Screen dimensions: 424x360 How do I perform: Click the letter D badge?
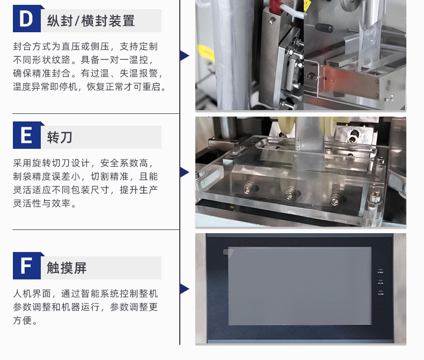(x=27, y=18)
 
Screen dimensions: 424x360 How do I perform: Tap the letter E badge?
(x=27, y=135)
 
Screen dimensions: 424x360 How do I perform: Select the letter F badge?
(x=27, y=265)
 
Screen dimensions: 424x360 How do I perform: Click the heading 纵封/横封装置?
(x=91, y=21)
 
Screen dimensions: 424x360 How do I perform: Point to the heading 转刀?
(x=60, y=137)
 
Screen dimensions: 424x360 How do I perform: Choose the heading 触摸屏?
(x=67, y=268)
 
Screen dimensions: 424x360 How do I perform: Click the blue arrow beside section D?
(x=185, y=56)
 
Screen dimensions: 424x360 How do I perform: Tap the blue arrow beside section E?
(x=185, y=172)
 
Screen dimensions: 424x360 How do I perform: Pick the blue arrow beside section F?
(x=185, y=289)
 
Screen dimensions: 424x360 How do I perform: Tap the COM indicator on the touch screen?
(x=381, y=293)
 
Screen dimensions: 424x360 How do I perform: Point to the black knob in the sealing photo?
(x=324, y=27)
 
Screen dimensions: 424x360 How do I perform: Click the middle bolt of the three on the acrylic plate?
(x=290, y=192)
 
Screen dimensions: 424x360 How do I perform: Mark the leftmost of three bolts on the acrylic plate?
(x=248, y=188)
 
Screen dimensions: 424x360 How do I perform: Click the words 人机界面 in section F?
(x=32, y=293)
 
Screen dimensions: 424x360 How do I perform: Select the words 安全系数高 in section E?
(x=124, y=163)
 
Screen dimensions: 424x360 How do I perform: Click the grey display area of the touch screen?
(x=299, y=286)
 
